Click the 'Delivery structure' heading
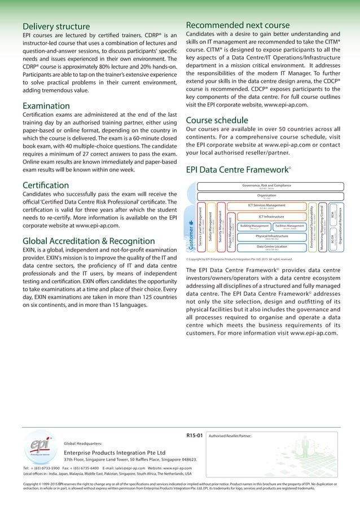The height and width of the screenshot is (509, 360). pos(56,27)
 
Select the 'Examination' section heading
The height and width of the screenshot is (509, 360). pos(46,106)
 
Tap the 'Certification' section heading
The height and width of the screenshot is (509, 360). pos(45,185)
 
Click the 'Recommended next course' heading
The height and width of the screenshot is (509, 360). pos(238,25)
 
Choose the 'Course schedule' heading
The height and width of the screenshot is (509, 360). pos(217,120)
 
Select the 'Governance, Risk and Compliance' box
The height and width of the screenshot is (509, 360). pos(266,186)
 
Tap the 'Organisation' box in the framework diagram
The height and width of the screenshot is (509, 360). pos(266,196)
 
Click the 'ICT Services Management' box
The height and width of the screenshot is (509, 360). pos(266,207)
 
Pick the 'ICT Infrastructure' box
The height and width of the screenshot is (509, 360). pos(266,216)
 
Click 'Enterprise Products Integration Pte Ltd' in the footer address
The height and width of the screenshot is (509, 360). pos(115,453)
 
